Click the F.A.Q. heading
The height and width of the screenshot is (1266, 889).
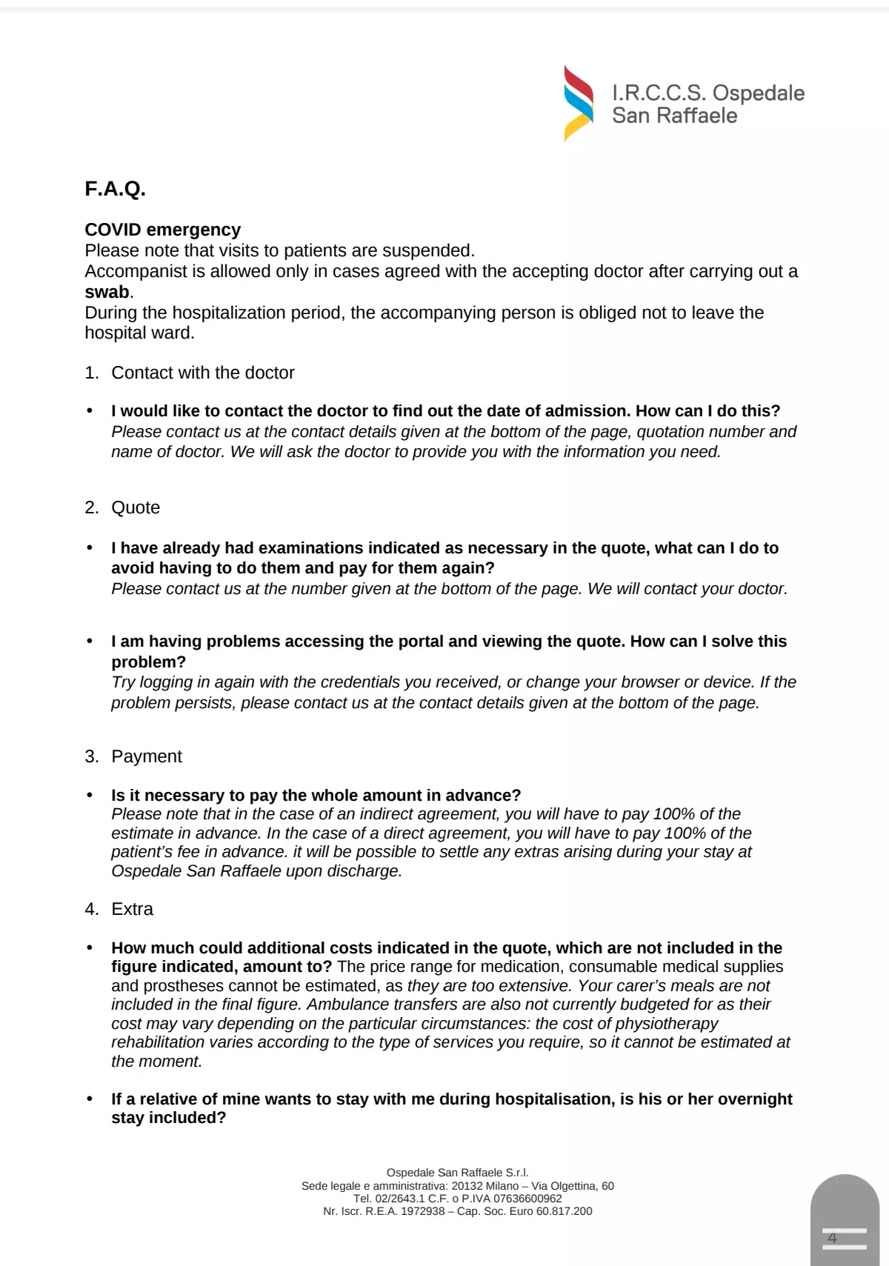(x=115, y=189)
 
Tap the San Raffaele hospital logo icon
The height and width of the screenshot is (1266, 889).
(x=578, y=103)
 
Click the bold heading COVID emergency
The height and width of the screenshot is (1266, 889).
(x=162, y=230)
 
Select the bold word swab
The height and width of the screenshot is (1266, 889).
(x=107, y=292)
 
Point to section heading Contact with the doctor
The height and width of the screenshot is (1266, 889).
(x=202, y=373)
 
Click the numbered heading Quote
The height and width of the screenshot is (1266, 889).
(x=136, y=507)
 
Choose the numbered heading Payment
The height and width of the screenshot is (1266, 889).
(x=147, y=756)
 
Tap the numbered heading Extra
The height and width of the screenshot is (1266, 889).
(x=132, y=909)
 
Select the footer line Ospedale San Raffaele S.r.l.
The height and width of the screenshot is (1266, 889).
(x=457, y=1173)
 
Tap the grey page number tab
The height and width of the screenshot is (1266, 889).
(x=845, y=1222)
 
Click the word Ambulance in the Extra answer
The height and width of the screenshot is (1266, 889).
(x=343, y=1005)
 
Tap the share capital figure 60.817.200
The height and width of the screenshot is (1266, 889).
(x=565, y=1211)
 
